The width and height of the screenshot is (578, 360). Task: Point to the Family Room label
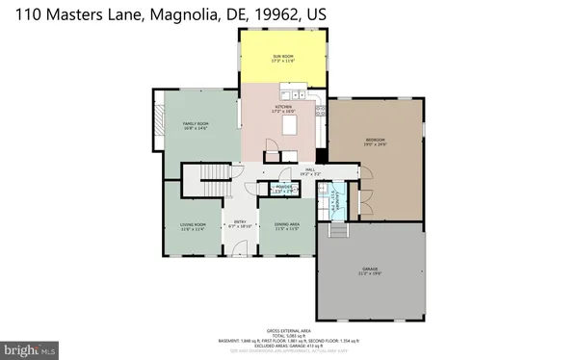tap(197, 126)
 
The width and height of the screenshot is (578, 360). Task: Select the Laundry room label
tap(335, 203)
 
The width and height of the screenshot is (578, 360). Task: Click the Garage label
tap(371, 270)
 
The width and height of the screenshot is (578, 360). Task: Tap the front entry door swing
tap(241, 248)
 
